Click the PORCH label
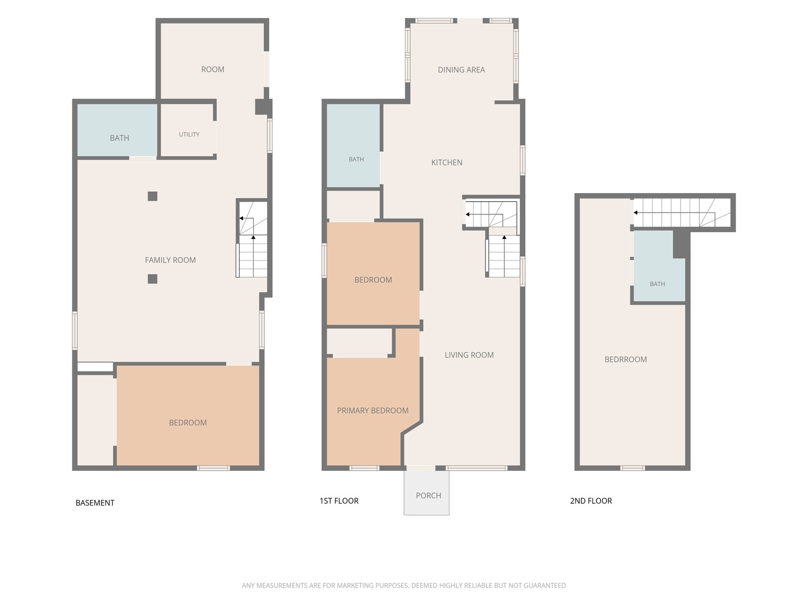(x=428, y=495)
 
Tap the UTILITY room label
(x=189, y=134)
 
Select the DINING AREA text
(x=461, y=70)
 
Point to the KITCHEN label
(x=447, y=162)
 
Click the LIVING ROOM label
(x=469, y=355)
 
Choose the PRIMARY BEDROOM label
(x=373, y=410)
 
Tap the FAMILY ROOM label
(x=170, y=260)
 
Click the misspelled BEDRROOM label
(x=626, y=359)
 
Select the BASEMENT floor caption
(x=95, y=503)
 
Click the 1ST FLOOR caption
(x=339, y=501)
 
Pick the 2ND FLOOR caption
(x=591, y=501)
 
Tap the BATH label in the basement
(x=120, y=138)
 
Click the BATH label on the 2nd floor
(x=657, y=284)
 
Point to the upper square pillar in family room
(x=153, y=196)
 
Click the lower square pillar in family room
(x=153, y=279)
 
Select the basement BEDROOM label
(x=188, y=423)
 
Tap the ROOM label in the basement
(x=213, y=69)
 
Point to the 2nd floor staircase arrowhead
(x=635, y=212)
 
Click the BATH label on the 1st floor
(x=356, y=159)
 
